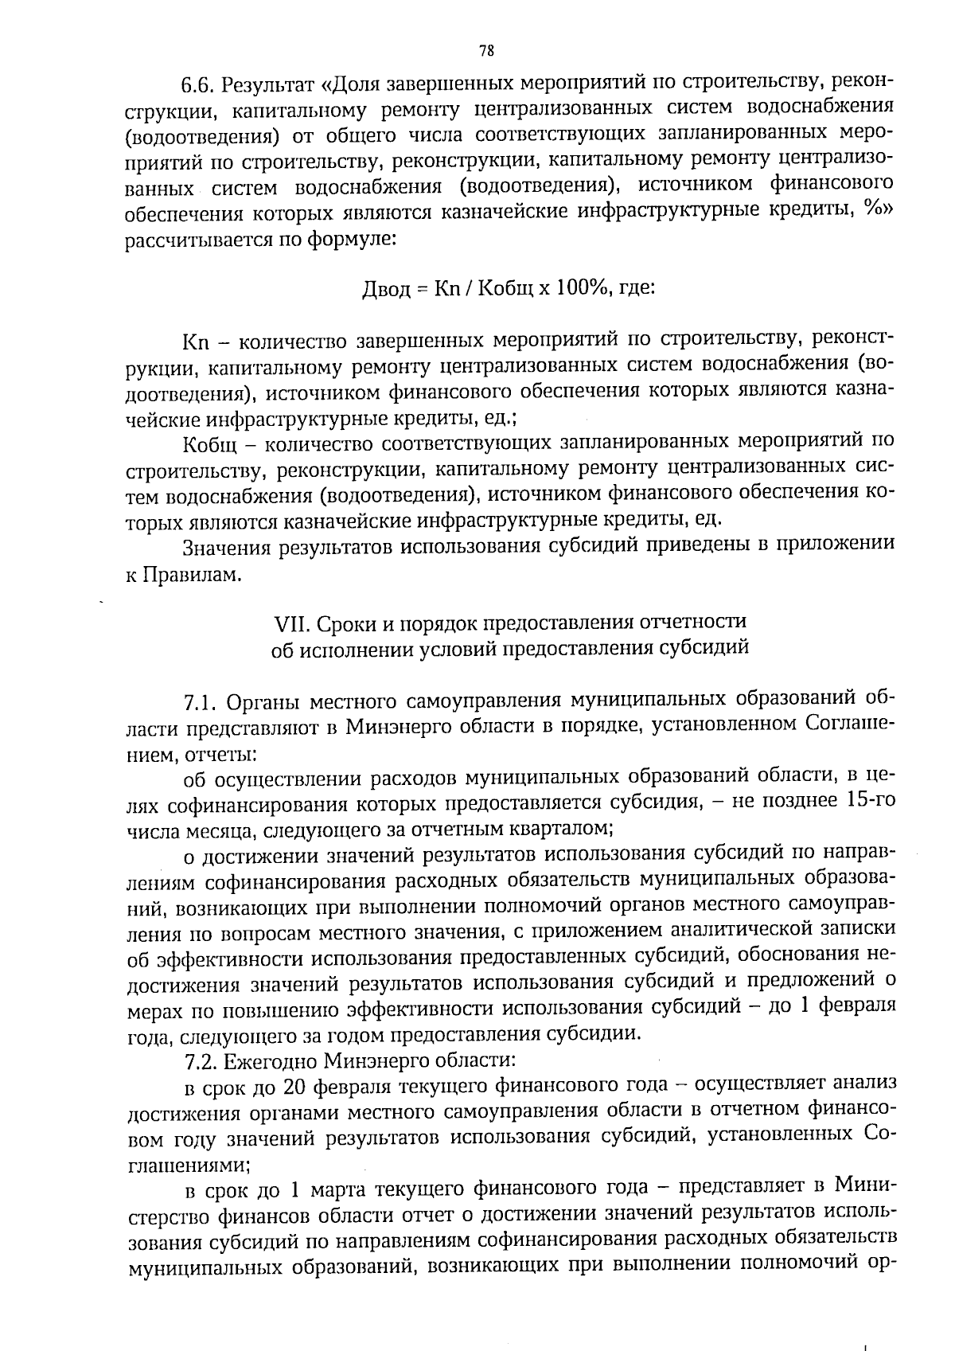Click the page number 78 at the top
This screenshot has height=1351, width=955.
487,51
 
